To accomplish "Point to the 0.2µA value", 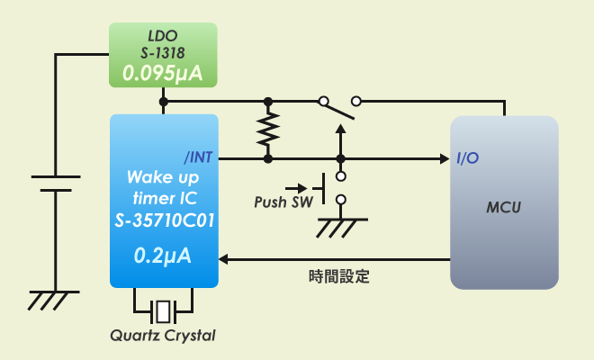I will coord(163,256).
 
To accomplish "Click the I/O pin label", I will coord(467,158).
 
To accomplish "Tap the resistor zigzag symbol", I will coord(267,129).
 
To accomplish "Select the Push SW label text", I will coord(283,202).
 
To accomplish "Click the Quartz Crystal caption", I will coord(163,337).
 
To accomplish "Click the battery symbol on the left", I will coord(56,184).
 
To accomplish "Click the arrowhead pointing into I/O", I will coord(444,158).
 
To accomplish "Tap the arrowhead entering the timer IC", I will coord(226,259).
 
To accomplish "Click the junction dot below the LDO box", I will coord(163,101).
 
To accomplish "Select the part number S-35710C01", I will coord(163,220).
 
